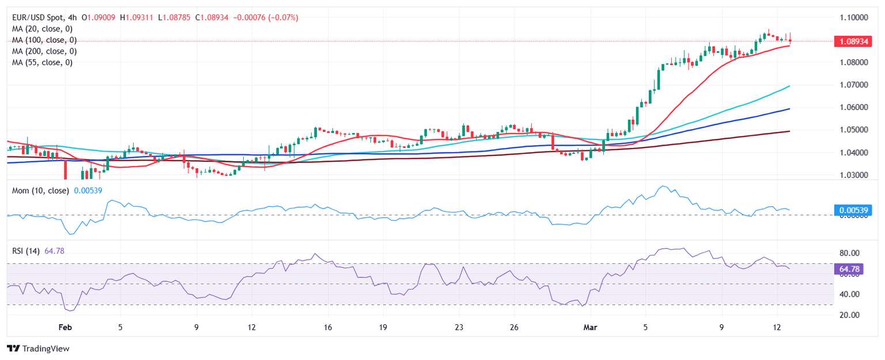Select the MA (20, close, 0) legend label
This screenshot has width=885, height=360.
44,29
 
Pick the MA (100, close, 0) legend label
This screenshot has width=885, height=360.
46,40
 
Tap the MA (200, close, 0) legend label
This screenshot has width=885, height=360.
46,51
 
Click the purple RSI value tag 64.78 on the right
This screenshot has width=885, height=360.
850,269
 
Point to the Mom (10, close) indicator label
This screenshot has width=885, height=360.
40,191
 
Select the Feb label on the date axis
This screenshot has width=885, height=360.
66,328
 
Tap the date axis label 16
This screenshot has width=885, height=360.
328,328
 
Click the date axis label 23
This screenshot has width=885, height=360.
459,328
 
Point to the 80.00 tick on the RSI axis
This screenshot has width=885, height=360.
849,253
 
